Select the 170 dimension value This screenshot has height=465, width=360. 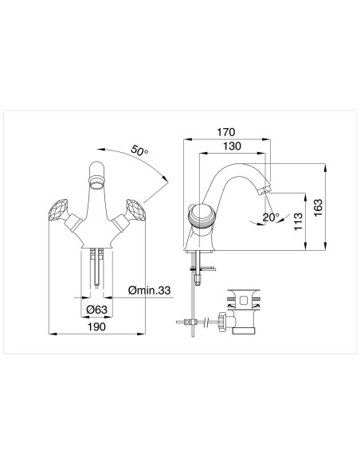pyautogui.click(x=228, y=132)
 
